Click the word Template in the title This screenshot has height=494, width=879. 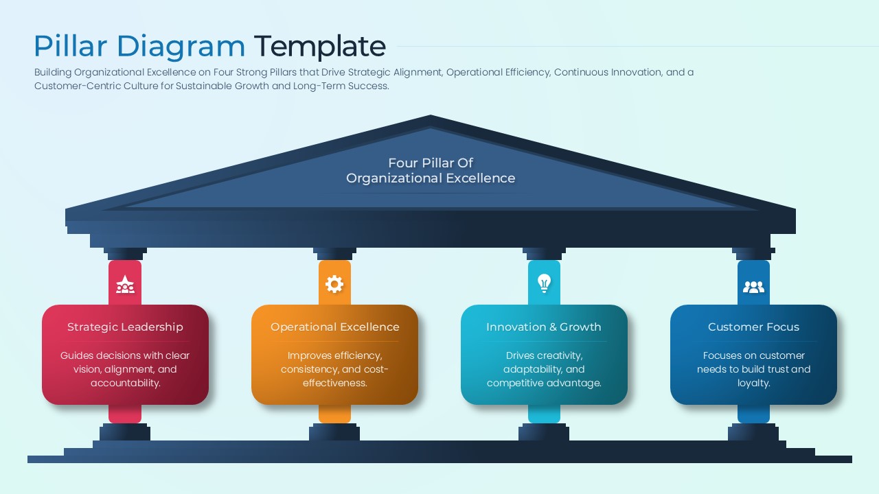coord(319,47)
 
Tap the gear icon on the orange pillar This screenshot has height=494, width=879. coord(334,284)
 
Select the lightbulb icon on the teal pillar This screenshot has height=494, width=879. coord(544,283)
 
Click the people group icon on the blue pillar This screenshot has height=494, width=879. coord(753,287)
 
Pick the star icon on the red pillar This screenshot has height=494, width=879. coord(125,284)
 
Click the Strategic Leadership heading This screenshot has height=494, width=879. coord(125,327)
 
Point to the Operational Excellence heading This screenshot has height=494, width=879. coord(334,327)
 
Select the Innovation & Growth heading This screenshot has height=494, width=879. coord(544,327)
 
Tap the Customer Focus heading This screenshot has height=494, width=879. coord(753,327)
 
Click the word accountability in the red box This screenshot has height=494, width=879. coord(125,383)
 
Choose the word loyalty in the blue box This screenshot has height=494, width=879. coord(753,383)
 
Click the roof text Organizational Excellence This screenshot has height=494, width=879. coord(431,178)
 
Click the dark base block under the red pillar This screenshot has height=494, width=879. coord(125,432)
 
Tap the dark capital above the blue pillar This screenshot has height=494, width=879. coord(753,253)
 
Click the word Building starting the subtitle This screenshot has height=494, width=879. coord(53,72)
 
